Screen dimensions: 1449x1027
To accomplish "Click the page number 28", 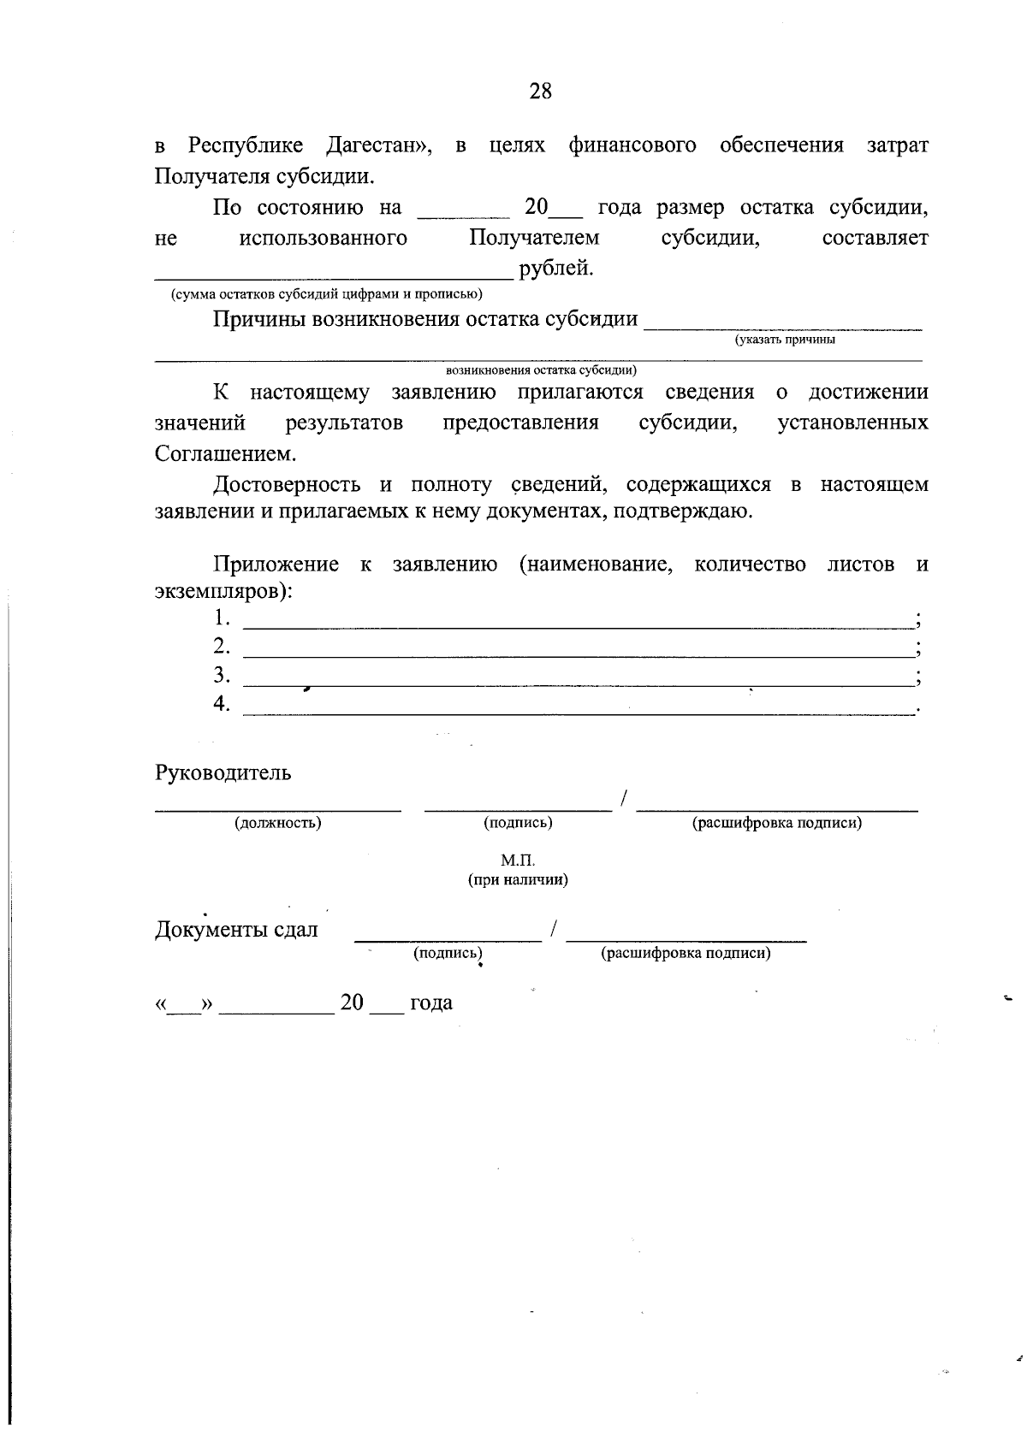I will [540, 91].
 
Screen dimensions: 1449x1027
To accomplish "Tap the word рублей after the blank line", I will [556, 269].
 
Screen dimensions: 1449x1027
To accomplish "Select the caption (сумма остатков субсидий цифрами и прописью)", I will [327, 294].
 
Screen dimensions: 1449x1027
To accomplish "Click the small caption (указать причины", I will [785, 340].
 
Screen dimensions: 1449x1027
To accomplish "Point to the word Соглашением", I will [225, 453].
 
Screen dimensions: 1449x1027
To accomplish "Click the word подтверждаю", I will [686, 512].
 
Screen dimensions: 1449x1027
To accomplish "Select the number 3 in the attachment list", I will [221, 675].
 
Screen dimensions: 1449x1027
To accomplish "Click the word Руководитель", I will [223, 772].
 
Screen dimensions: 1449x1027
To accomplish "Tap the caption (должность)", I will [278, 823].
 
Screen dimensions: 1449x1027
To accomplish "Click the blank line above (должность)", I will [277, 807].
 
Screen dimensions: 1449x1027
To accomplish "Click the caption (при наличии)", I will [518, 879].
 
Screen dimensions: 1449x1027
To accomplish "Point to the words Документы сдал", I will [236, 930].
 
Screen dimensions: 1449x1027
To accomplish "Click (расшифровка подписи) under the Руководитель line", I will [776, 823].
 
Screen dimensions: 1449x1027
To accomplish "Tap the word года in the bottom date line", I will [431, 1002].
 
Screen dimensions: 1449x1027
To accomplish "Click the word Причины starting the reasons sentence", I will [260, 319].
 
